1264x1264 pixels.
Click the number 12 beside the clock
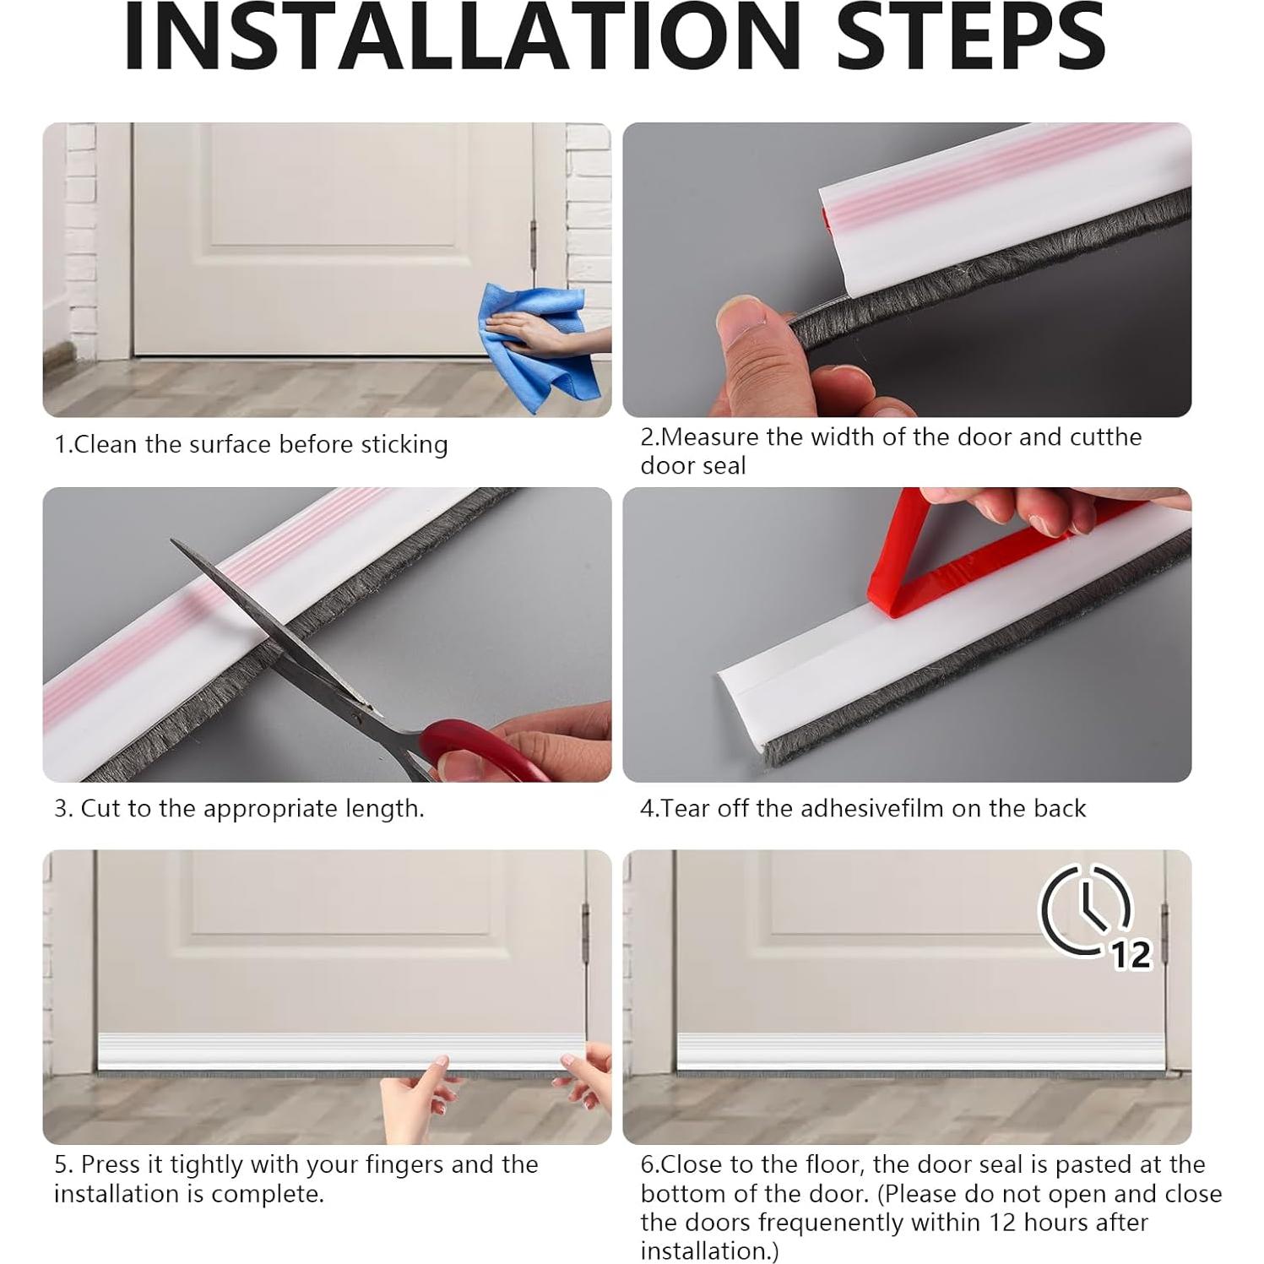click(1131, 954)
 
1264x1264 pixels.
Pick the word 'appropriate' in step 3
click(271, 810)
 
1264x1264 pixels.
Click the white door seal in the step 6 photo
click(921, 1051)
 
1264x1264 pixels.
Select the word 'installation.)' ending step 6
click(709, 1250)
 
